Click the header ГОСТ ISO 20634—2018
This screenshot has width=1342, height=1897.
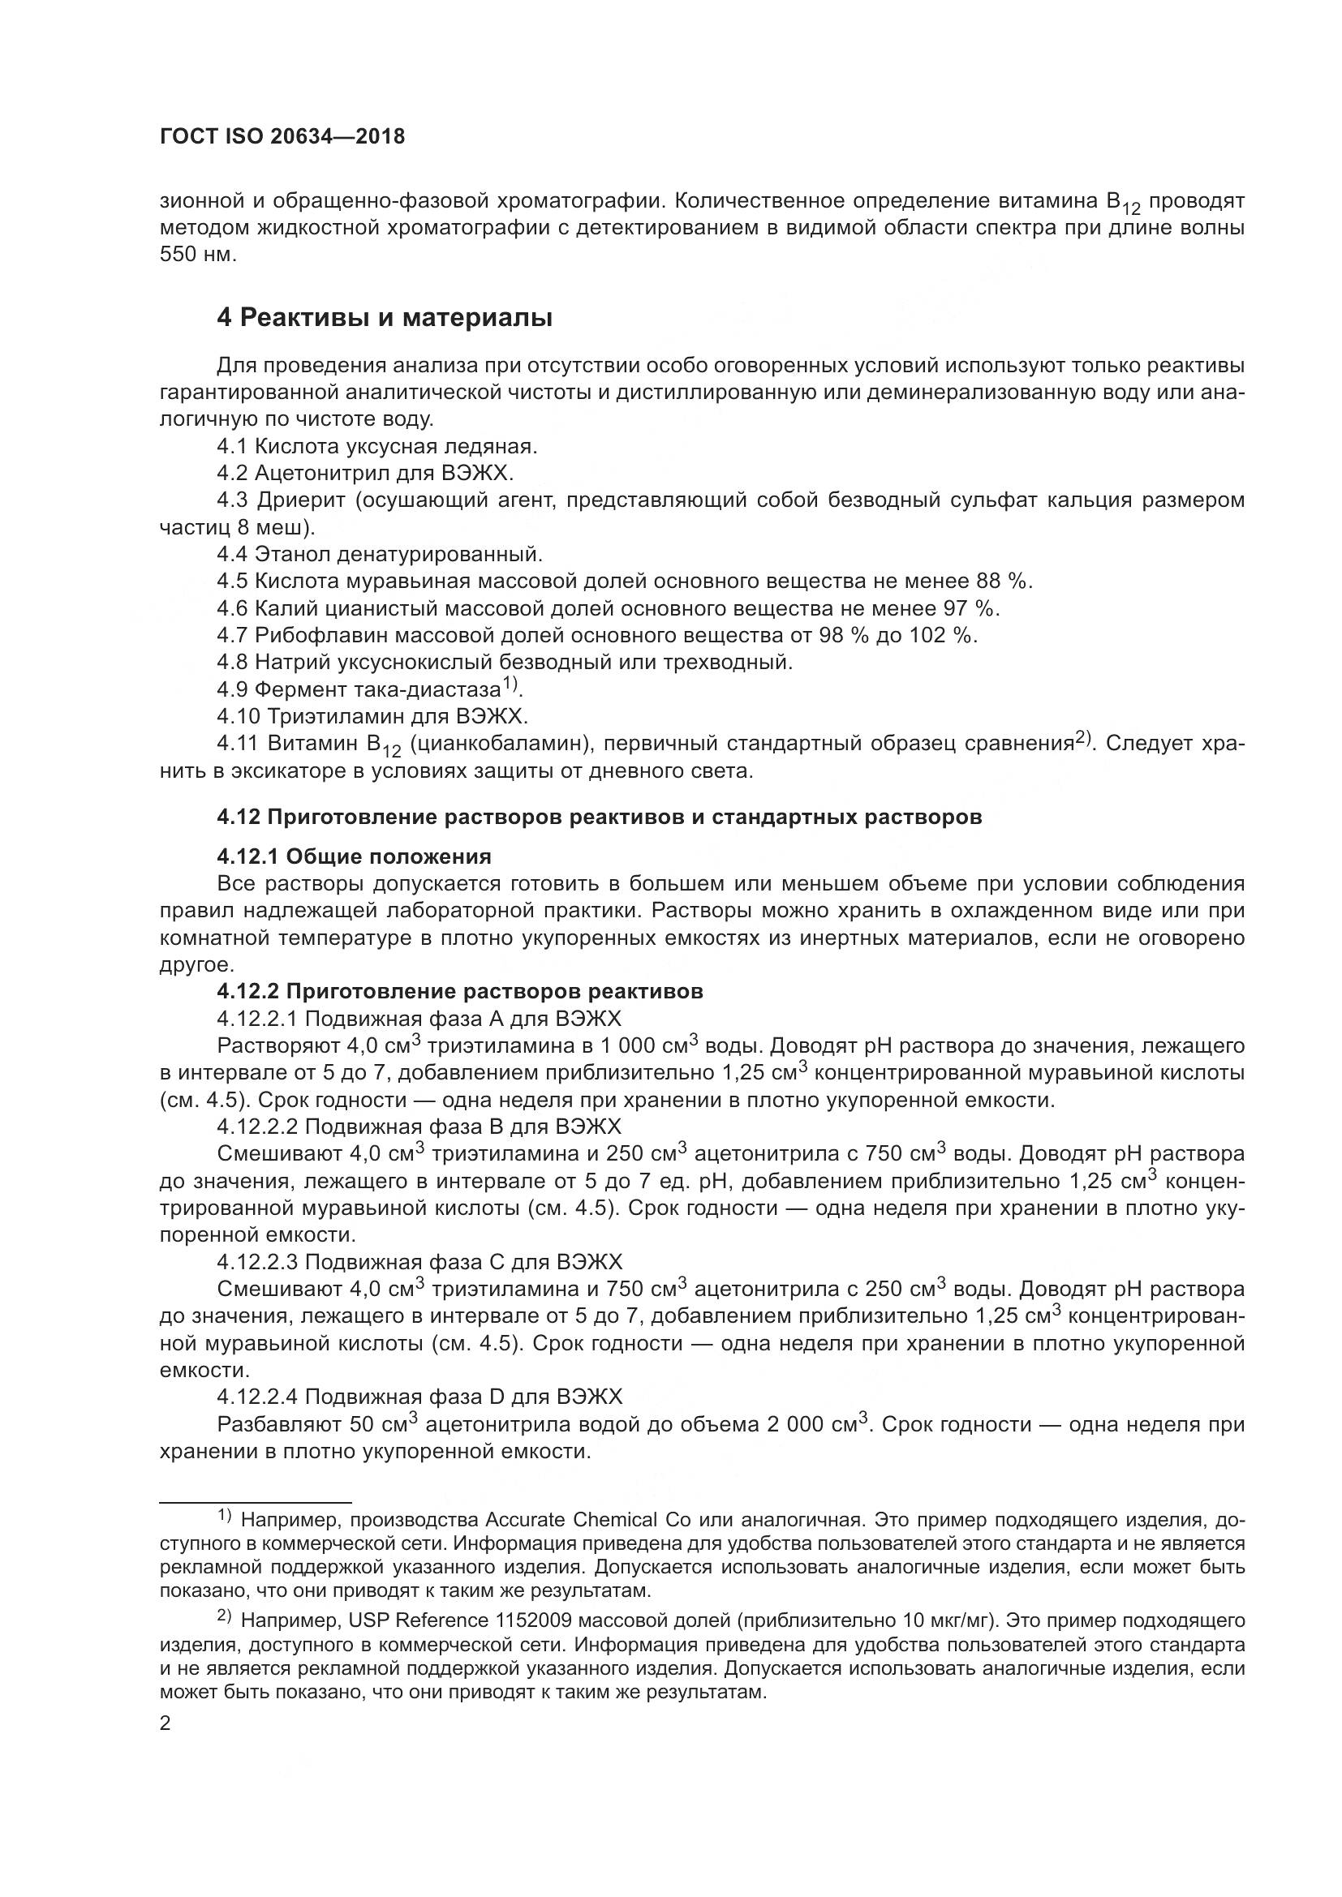(282, 137)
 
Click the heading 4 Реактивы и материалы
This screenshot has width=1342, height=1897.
(385, 318)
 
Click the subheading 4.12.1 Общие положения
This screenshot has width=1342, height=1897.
(354, 856)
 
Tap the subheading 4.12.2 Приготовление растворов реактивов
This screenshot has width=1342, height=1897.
(459, 991)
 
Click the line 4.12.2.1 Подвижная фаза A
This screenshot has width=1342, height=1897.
(419, 1018)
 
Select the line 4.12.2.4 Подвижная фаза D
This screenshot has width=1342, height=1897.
(419, 1397)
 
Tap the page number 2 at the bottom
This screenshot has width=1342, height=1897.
(165, 1723)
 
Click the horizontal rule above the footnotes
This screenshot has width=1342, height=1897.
(256, 1501)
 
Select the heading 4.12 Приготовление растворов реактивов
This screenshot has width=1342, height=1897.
(599, 818)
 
